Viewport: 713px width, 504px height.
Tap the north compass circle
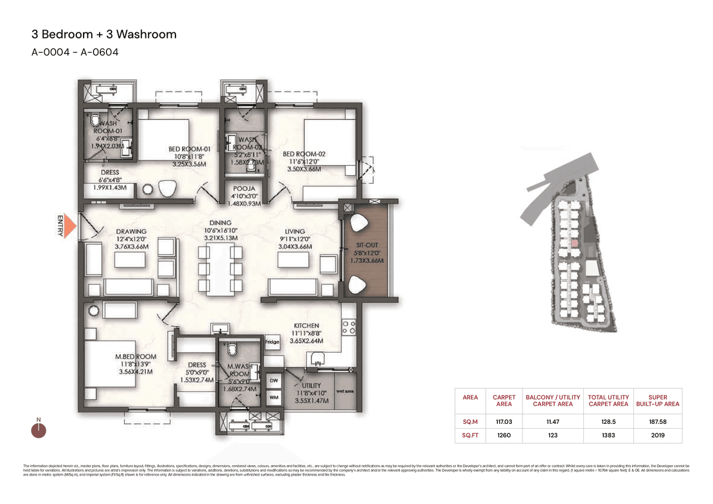[38, 430]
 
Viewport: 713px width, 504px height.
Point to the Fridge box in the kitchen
[272, 342]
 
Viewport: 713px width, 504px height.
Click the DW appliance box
[274, 380]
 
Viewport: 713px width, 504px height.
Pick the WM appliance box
[274, 398]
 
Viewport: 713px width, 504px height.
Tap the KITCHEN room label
[306, 326]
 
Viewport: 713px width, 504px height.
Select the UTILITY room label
[310, 385]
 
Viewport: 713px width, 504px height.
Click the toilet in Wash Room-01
[96, 120]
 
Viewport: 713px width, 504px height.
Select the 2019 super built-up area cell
[658, 435]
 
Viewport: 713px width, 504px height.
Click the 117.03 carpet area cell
[504, 422]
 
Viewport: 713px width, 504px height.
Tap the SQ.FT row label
[470, 435]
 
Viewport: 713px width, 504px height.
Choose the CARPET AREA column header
[504, 401]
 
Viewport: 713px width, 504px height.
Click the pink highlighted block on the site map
[573, 244]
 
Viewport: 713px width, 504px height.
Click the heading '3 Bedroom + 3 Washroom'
[104, 34]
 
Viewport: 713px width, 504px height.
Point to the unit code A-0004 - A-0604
[75, 52]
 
